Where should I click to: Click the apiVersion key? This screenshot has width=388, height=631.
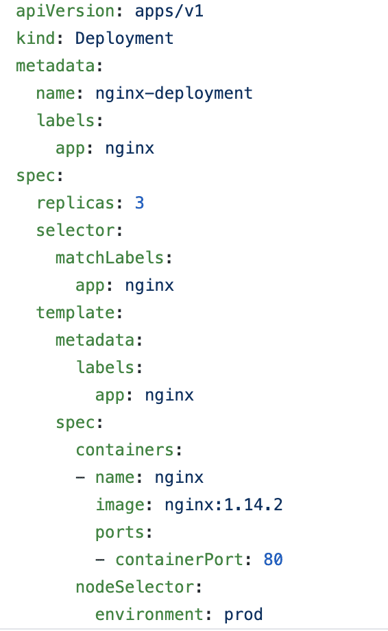[66, 11]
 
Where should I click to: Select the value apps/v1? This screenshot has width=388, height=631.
[169, 11]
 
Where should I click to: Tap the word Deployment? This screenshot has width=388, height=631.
[125, 38]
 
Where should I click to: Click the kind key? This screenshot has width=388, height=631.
[36, 38]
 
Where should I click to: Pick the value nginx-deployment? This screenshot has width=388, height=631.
[174, 93]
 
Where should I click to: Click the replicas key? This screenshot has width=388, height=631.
[75, 203]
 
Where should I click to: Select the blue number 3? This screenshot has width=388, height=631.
[140, 203]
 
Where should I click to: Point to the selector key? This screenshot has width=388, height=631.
[75, 230]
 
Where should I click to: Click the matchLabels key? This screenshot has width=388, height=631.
[110, 258]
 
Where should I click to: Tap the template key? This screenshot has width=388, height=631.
[75, 313]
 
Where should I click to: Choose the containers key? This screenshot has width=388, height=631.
[125, 450]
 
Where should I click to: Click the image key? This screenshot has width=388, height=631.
[120, 505]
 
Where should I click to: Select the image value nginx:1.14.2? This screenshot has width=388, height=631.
[223, 505]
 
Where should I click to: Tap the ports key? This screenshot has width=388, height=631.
[120, 532]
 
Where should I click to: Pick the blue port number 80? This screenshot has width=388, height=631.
[274, 560]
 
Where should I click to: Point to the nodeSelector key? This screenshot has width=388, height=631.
[134, 587]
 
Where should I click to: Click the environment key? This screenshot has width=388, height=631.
[149, 615]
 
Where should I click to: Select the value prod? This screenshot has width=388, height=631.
[243, 615]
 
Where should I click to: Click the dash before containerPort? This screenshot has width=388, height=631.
[100, 560]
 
